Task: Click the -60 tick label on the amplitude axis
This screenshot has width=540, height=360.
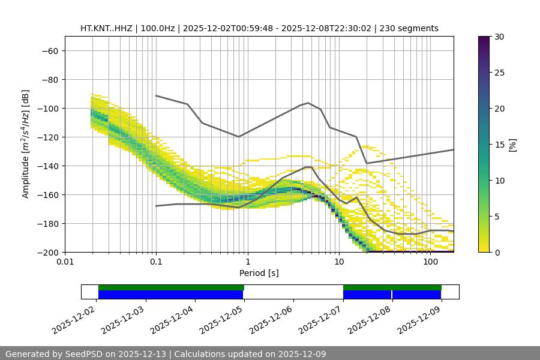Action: pyautogui.click(x=49, y=50)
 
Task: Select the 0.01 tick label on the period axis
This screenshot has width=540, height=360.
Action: pyautogui.click(x=65, y=262)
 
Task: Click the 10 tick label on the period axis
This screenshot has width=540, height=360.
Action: pyautogui.click(x=339, y=262)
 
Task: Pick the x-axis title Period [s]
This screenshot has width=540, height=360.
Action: pyautogui.click(x=259, y=273)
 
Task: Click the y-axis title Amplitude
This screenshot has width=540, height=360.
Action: pyautogui.click(x=26, y=144)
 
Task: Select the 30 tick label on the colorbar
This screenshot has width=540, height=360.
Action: pyautogui.click(x=499, y=37)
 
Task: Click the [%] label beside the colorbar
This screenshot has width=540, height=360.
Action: pyautogui.click(x=512, y=145)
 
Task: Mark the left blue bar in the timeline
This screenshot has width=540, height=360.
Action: pyautogui.click(x=170, y=295)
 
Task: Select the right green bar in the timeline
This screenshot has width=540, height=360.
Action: pyautogui.click(x=392, y=287)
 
